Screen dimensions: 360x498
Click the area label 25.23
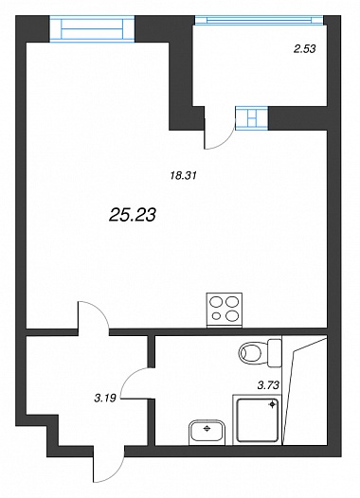(x=133, y=215)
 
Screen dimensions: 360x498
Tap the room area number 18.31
(x=184, y=175)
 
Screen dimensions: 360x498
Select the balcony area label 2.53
(x=304, y=49)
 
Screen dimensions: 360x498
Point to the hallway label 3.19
(x=105, y=398)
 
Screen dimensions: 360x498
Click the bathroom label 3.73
(x=268, y=385)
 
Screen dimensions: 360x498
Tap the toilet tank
(x=275, y=352)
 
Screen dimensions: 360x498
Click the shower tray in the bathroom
(x=258, y=419)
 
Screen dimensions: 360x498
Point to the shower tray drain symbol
(x=272, y=404)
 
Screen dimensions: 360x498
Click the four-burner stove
(x=225, y=309)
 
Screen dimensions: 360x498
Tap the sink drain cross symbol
(x=207, y=429)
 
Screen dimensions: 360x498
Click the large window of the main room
(x=92, y=28)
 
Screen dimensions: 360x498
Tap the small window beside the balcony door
(x=252, y=118)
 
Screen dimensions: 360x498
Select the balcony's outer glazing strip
(x=259, y=20)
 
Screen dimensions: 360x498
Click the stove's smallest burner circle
(x=216, y=316)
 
